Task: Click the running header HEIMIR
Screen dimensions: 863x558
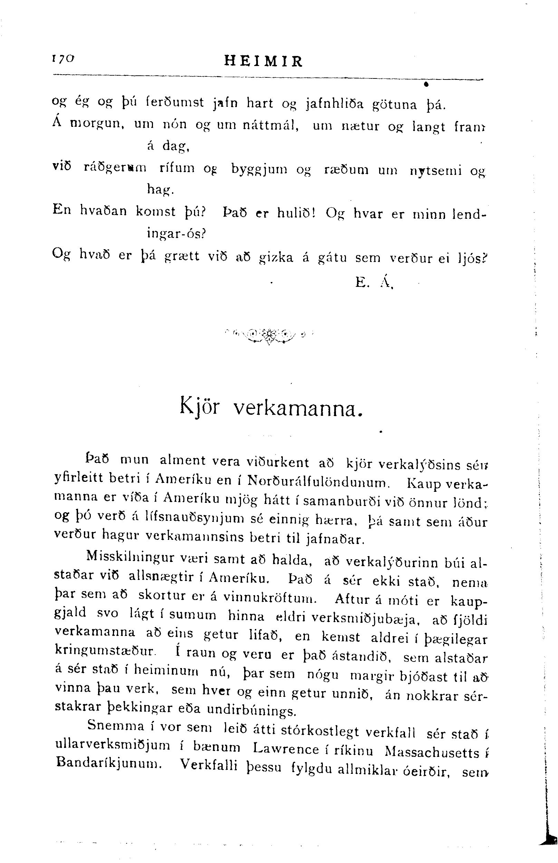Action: click(263, 60)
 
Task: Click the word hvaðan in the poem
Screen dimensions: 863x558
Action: click(104, 211)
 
